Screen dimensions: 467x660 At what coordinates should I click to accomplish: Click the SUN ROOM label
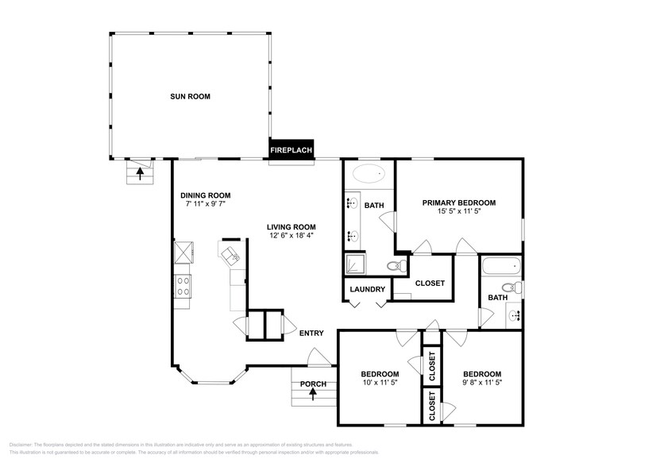click(189, 97)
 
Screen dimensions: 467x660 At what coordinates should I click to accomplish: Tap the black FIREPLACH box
click(291, 150)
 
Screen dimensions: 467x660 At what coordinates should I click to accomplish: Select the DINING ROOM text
click(205, 195)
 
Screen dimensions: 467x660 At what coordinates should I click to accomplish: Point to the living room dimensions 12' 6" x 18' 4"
click(291, 234)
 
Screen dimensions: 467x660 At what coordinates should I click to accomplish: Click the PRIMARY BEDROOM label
click(458, 203)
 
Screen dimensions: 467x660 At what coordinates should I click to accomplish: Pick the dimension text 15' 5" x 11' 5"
click(458, 212)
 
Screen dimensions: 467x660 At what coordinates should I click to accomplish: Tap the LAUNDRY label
click(367, 289)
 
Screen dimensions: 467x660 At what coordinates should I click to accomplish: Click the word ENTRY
click(311, 333)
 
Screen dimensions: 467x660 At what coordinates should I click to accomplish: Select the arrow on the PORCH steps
click(312, 395)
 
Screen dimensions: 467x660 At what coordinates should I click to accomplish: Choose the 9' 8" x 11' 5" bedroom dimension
click(482, 383)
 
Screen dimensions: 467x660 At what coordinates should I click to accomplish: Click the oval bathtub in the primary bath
click(367, 174)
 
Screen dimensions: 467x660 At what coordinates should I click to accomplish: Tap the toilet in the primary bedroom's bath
click(392, 265)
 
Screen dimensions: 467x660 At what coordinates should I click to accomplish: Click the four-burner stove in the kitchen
click(183, 285)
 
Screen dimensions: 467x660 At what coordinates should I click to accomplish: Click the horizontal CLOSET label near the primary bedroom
click(430, 284)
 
